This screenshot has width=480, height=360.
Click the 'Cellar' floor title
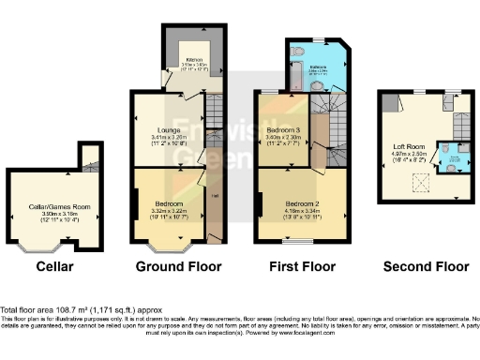click(53, 267)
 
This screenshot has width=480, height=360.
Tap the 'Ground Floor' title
click(179, 267)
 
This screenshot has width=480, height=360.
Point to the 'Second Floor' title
click(426, 267)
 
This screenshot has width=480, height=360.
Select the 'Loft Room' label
click(407, 146)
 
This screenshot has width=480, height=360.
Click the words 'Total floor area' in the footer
click(28, 309)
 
